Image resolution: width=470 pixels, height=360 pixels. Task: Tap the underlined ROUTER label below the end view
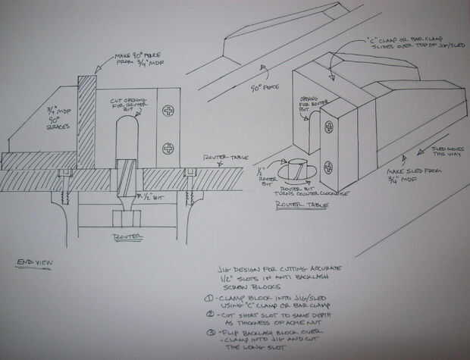pyautogui.click(x=125, y=236)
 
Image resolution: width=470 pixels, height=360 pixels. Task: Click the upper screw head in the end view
pyautogui.click(x=168, y=111)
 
